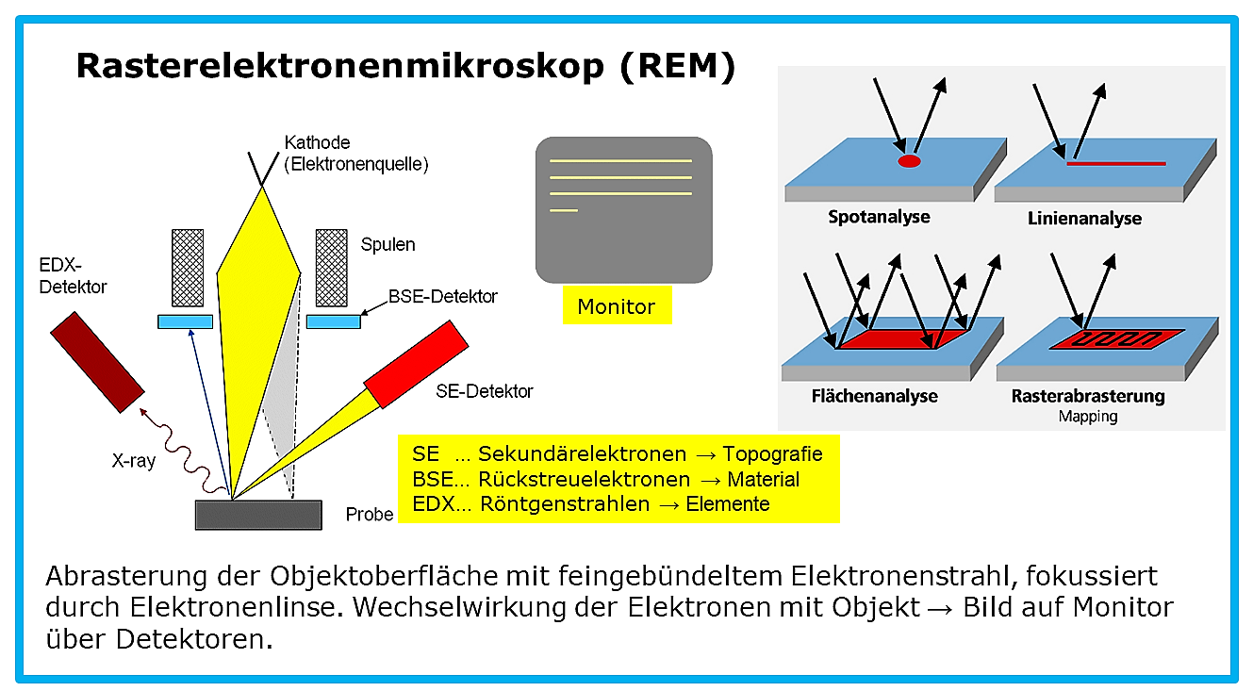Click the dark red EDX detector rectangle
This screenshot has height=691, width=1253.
tap(97, 362)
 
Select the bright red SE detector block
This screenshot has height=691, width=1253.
tap(416, 364)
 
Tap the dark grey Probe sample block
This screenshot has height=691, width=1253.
tap(258, 515)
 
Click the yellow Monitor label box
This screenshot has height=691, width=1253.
tap(617, 305)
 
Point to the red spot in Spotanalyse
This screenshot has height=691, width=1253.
tap(909, 162)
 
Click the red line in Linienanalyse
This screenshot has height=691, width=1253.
tap(1116, 163)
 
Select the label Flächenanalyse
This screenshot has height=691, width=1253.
tap(874, 396)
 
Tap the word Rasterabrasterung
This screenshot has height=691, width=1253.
tap(1088, 396)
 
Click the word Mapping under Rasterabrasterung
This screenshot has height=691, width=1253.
tap(1088, 417)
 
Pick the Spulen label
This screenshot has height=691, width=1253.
tap(387, 244)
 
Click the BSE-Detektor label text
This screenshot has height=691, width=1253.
tap(442, 297)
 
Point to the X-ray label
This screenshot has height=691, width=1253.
tap(134, 461)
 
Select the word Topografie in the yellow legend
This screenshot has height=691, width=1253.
tap(772, 453)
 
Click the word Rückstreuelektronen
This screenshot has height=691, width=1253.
tap(584, 480)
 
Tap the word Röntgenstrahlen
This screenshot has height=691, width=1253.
tap(565, 504)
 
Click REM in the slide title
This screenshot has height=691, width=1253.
tap(677, 66)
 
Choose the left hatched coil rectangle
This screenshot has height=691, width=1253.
tap(188, 268)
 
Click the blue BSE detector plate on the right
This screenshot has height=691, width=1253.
tap(334, 321)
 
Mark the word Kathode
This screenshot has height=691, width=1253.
tap(317, 142)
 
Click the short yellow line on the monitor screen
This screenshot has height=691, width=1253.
tap(563, 210)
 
